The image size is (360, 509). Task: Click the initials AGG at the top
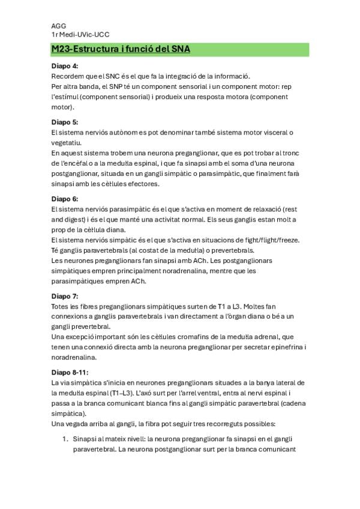(59, 26)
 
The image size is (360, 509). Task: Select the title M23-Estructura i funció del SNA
(121, 49)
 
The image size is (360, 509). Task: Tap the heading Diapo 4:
(65, 66)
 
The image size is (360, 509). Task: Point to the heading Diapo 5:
(65, 122)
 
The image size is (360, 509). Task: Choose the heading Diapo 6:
(65, 197)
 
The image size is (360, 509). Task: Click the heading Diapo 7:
(65, 297)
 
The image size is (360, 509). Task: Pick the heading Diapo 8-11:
(71, 372)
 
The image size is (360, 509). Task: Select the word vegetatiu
(68, 142)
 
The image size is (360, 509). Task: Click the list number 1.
(66, 439)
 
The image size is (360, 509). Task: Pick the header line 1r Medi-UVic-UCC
(80, 35)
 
